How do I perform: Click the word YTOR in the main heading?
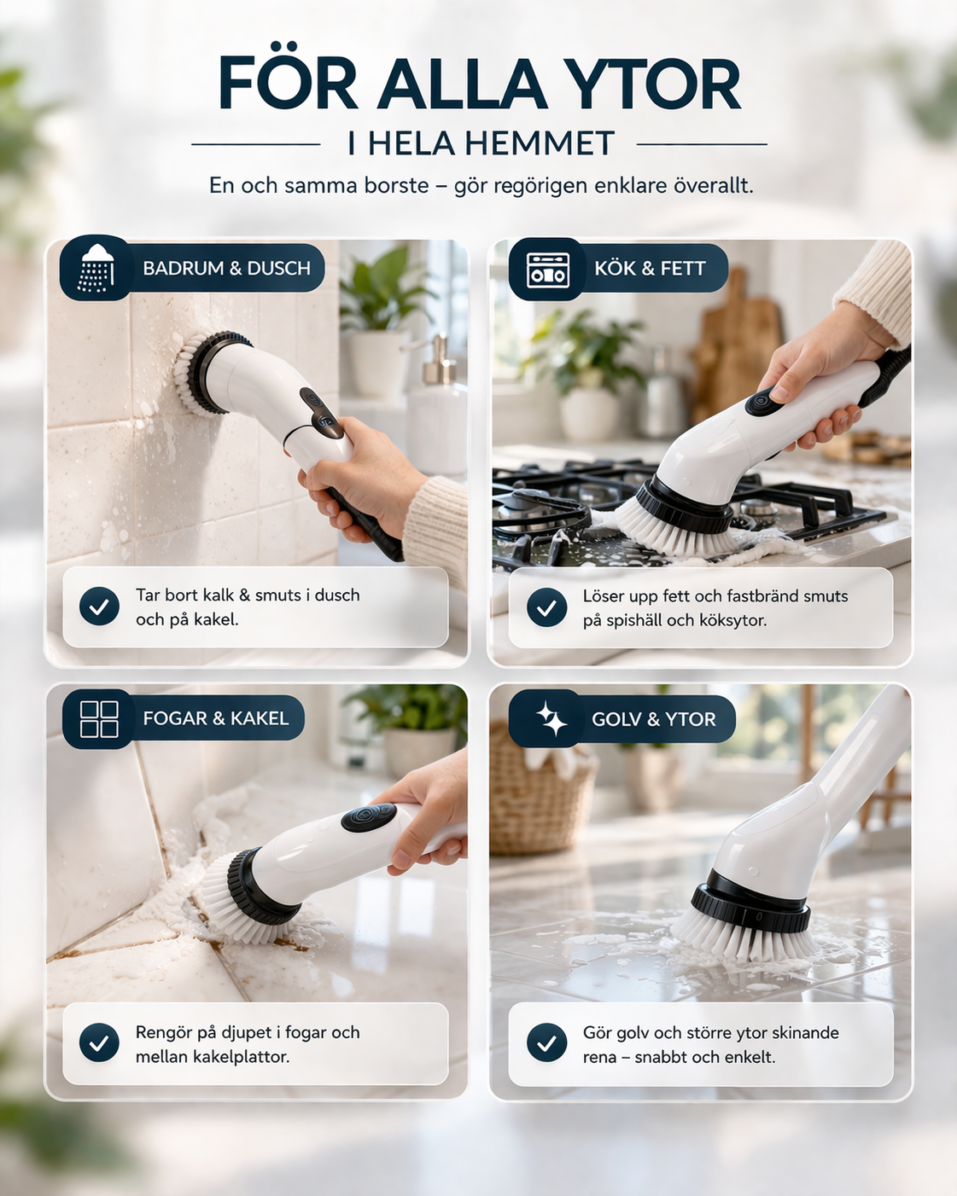point(653,84)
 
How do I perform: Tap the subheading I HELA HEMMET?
point(481,144)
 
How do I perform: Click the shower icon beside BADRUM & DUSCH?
point(96,268)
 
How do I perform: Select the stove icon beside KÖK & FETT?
point(547,270)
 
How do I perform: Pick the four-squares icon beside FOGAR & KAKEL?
point(99,719)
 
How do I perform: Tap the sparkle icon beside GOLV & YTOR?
point(551,719)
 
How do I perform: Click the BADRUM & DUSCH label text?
point(226,269)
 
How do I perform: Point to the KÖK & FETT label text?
point(650,269)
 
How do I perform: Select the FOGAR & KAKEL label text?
point(215,719)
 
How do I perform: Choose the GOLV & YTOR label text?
point(653,720)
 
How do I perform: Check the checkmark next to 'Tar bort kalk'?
point(99,607)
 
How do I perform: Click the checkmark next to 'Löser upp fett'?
point(546,607)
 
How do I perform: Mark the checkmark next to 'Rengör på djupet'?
point(99,1042)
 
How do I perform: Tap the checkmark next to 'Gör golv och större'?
point(546,1042)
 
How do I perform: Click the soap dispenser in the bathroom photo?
point(438,401)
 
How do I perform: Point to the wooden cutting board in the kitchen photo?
point(736,341)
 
